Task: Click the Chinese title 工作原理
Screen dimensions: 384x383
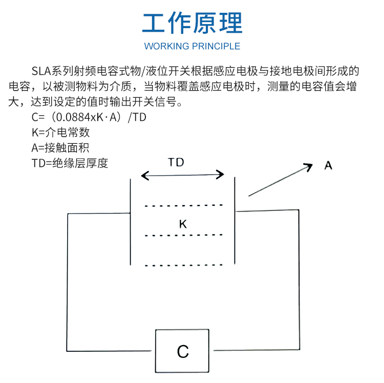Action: point(192,23)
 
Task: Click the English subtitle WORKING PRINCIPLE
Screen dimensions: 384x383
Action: point(192,46)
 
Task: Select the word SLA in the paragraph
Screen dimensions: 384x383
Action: point(41,71)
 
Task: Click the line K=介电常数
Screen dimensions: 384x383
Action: point(61,133)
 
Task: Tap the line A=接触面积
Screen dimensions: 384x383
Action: point(60,148)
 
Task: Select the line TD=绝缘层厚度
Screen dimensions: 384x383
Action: point(70,163)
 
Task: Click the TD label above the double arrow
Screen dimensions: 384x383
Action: point(176,162)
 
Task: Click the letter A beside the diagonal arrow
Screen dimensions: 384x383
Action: point(328,165)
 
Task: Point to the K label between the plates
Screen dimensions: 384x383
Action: point(183,224)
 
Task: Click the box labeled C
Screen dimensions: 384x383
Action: point(182,351)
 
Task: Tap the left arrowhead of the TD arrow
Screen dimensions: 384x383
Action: point(145,176)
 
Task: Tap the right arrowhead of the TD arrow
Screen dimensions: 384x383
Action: point(220,175)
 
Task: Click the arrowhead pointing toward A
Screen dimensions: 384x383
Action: point(309,166)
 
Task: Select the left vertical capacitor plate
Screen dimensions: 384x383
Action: point(130,222)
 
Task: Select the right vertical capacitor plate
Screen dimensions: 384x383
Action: point(235,220)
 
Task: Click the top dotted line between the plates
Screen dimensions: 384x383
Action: point(184,205)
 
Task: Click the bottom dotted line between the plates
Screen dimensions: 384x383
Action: point(184,265)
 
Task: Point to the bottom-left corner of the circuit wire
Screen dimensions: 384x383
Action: point(67,351)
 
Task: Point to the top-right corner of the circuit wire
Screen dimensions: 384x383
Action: point(299,210)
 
